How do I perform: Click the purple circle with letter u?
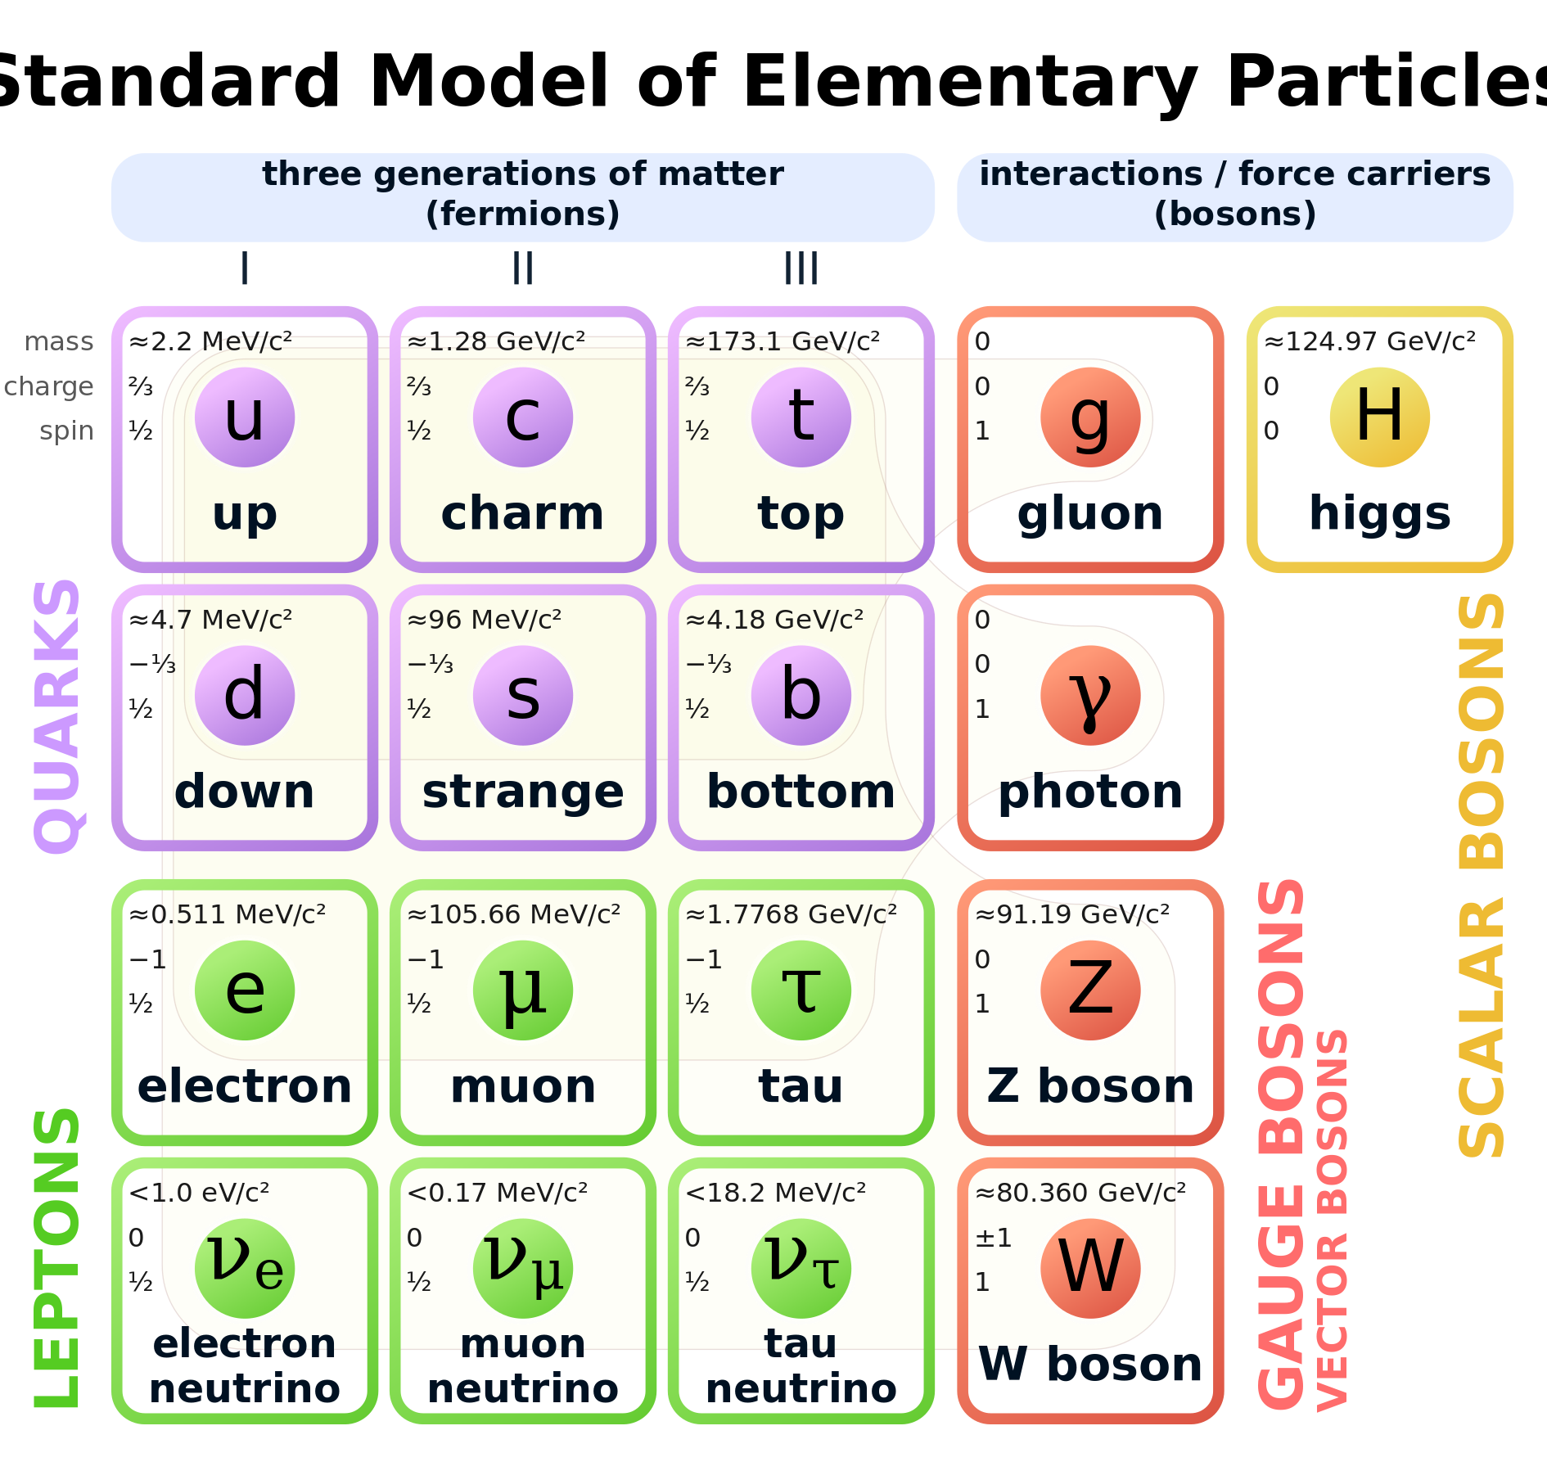(245, 417)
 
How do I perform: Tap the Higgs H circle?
(1379, 417)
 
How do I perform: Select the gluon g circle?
(1090, 417)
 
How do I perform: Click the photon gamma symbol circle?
(1090, 696)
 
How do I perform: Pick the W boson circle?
(1090, 1268)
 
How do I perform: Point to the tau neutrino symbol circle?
(801, 1268)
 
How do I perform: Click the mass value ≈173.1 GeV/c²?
(782, 341)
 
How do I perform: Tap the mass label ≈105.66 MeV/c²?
(513, 914)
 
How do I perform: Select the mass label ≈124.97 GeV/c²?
(1370, 341)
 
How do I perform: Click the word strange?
(523, 792)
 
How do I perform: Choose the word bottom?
(801, 792)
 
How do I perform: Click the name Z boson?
(1090, 1086)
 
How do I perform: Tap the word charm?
(522, 513)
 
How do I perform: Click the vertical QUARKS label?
(57, 716)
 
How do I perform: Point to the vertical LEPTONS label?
(57, 1257)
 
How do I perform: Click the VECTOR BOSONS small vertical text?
(1332, 1220)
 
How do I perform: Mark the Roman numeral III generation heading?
(801, 268)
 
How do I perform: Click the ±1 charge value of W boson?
(993, 1238)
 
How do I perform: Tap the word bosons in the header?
(1235, 214)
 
